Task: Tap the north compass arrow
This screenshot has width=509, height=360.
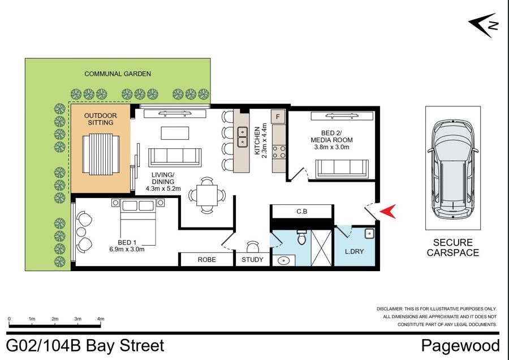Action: tap(483, 25)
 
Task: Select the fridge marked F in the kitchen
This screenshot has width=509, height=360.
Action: tap(278, 117)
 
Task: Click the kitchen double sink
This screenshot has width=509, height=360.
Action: tap(243, 137)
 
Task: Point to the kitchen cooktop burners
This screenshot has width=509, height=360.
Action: tap(279, 152)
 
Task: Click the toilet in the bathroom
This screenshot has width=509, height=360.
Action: tap(302, 237)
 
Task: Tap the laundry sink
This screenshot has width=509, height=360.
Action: tap(369, 233)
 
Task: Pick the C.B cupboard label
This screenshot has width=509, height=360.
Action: tap(302, 212)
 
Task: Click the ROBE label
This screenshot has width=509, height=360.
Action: tap(207, 260)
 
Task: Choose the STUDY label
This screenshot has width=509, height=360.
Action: tap(253, 260)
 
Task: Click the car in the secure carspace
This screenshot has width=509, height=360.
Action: tap(453, 169)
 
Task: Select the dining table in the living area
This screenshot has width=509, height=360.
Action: tap(207, 195)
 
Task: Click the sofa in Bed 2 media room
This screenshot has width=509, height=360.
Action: tap(342, 169)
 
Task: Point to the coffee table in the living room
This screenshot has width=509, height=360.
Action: tap(175, 133)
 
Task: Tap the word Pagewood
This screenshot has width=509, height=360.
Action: tap(460, 346)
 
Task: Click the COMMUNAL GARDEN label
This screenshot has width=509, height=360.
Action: tap(118, 74)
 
